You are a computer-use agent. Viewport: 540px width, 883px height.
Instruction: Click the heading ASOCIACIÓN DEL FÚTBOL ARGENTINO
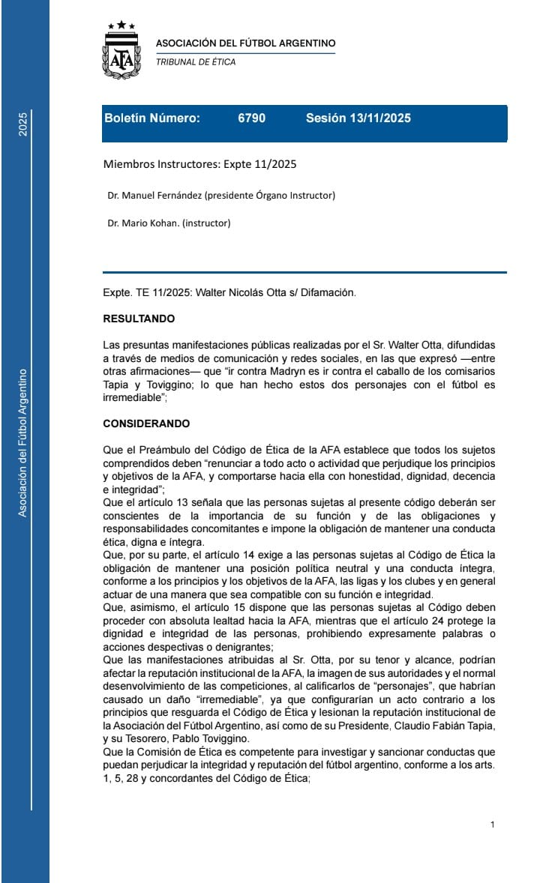245,43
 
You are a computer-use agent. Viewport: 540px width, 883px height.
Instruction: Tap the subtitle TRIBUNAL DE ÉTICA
196,62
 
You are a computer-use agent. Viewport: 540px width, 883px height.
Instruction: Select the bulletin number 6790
251,118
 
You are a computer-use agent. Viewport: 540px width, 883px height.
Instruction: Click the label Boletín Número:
152,118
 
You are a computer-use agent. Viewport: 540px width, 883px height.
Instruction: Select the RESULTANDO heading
139,319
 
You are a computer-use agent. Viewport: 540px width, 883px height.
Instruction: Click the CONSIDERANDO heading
146,424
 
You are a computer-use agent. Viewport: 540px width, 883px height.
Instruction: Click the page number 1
492,825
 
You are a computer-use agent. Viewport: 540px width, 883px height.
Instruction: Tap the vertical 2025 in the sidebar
22,124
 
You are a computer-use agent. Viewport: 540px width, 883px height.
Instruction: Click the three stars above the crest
121,26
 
